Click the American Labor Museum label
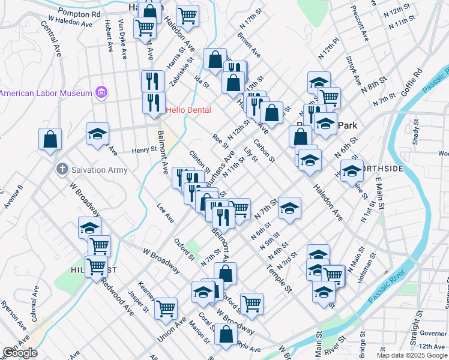[46, 93]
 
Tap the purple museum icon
[101, 93]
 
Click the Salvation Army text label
[99, 170]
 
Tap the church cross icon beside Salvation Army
[62, 169]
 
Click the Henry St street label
[144, 149]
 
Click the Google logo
[20, 353]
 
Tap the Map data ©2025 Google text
[412, 355]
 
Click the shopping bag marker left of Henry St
[50, 139]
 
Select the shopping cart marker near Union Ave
[166, 308]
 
